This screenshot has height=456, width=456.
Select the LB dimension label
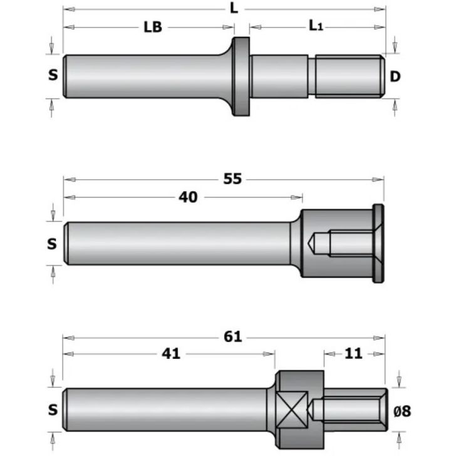pyautogui.click(x=153, y=28)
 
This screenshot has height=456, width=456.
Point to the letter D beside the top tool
pyautogui.click(x=395, y=76)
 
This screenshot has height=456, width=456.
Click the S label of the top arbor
pyautogui.click(x=53, y=76)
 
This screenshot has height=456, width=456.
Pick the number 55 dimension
pyautogui.click(x=232, y=180)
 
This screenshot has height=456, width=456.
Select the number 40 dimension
pyautogui.click(x=188, y=197)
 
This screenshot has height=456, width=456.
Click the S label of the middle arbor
pyautogui.click(x=52, y=244)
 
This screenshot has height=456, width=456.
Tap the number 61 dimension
pyautogui.click(x=232, y=336)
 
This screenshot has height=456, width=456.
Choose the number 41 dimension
pyautogui.click(x=170, y=354)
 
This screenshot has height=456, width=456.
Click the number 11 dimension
pyautogui.click(x=354, y=354)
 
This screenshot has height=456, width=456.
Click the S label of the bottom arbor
pyautogui.click(x=53, y=410)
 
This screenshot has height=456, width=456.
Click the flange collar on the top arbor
pyautogui.click(x=241, y=76)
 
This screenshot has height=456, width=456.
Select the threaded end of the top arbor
pyautogui.click(x=349, y=76)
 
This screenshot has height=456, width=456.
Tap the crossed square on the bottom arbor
pyautogui.click(x=293, y=410)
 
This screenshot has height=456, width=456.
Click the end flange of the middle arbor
pyautogui.click(x=378, y=243)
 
